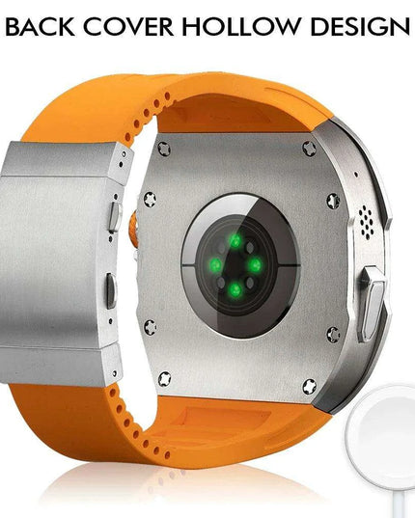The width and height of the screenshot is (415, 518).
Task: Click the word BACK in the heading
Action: point(40,26)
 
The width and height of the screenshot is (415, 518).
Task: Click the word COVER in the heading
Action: point(128,26)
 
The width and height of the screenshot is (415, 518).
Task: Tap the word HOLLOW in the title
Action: point(241,26)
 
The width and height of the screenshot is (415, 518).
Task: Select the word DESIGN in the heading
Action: point(361,26)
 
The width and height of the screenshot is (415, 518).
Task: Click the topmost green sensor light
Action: point(235,240)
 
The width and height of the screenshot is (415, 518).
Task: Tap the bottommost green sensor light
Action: point(235,290)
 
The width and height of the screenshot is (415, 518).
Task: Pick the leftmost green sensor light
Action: point(216,265)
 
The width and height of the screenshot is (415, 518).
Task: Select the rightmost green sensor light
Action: point(255,265)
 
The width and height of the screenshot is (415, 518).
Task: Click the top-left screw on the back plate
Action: point(164,149)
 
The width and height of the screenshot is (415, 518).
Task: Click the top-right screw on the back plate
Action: point(310,149)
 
